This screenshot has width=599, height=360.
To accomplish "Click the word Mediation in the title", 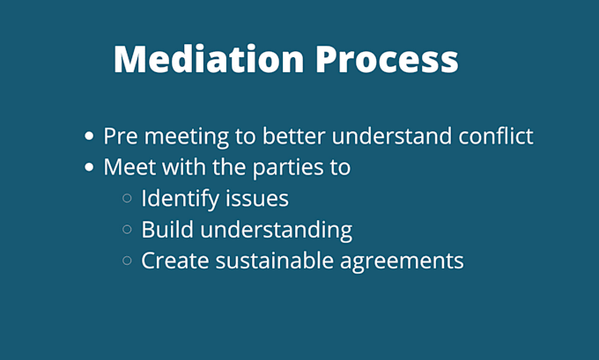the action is coord(209,58).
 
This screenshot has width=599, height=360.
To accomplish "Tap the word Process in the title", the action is coord(387,59).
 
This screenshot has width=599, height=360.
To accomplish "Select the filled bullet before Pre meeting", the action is coord(89,136).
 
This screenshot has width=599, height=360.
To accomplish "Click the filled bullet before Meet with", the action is coord(89,167).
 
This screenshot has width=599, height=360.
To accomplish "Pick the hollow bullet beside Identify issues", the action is coord(127,198).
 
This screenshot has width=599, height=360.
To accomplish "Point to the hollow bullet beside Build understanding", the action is coord(127,230).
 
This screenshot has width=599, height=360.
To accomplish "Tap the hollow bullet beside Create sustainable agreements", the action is coord(127,261).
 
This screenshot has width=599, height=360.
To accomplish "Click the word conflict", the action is coord(495,136).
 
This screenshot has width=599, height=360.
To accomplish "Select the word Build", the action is coord(167,230).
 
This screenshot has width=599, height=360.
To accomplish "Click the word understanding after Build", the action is coord(277,231).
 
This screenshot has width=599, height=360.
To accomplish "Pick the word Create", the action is coord(175,261).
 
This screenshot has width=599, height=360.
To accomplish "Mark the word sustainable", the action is coord(274,261).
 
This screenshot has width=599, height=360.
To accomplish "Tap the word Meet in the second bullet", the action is coord(129,167).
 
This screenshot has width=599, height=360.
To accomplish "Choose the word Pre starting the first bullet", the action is coord(121,136).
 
